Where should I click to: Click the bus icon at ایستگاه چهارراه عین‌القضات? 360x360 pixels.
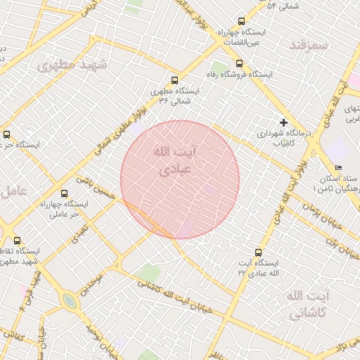tap(242, 22)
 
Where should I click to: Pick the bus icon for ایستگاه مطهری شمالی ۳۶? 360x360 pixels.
tap(174, 80)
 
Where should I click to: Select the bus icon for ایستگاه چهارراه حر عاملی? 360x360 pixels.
tap(65, 193)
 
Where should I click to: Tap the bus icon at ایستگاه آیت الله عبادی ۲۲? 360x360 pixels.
tap(259, 252)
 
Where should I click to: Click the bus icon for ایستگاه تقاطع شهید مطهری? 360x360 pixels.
tap(17, 240)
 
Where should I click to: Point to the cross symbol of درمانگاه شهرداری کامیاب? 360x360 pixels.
tap(283, 122)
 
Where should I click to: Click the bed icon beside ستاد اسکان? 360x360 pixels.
tap(339, 168)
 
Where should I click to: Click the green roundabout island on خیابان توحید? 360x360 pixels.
tap(69, 302)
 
